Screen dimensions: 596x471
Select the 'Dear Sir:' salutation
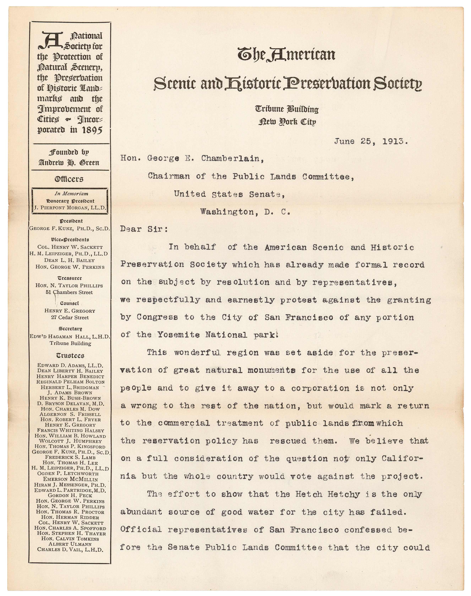click(x=144, y=229)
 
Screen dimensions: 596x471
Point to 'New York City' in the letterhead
click(x=287, y=122)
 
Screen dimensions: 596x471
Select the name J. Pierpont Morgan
click(x=69, y=208)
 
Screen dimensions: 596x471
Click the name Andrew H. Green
click(x=69, y=163)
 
